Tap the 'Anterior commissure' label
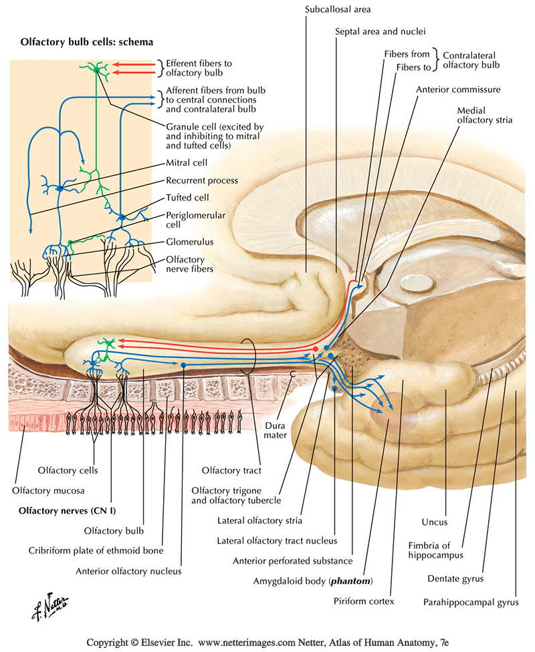click(458, 89)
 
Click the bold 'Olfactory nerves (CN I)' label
click(58, 510)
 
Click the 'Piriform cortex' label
click(364, 601)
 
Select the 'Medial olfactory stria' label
click(485, 116)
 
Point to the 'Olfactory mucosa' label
click(48, 490)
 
